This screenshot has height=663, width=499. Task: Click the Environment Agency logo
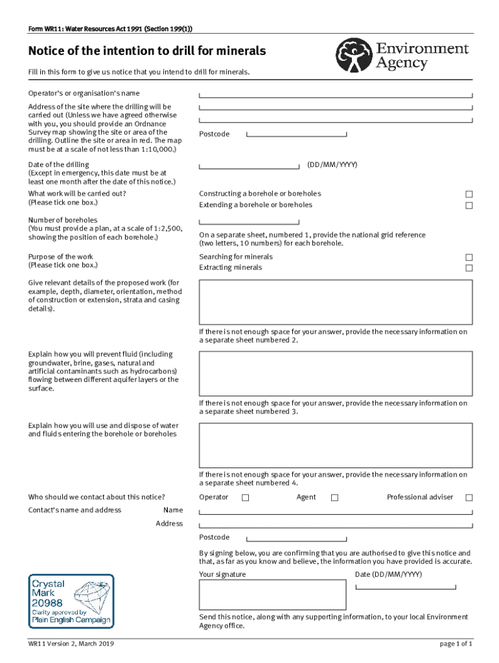tap(401, 56)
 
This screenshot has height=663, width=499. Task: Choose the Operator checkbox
tap(245, 498)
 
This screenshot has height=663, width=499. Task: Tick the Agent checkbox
tap(334, 498)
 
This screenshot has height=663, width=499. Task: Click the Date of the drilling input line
tap(251, 166)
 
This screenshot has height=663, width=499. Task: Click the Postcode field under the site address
tap(298, 135)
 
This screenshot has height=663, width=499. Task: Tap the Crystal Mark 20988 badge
tap(71, 601)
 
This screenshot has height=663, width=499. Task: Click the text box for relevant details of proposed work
tap(335, 302)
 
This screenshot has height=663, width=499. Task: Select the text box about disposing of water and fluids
tap(335, 445)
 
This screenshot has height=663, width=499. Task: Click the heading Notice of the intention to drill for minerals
tap(146, 51)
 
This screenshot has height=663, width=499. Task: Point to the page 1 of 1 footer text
tap(456, 644)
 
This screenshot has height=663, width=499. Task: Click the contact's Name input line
tap(336, 511)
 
